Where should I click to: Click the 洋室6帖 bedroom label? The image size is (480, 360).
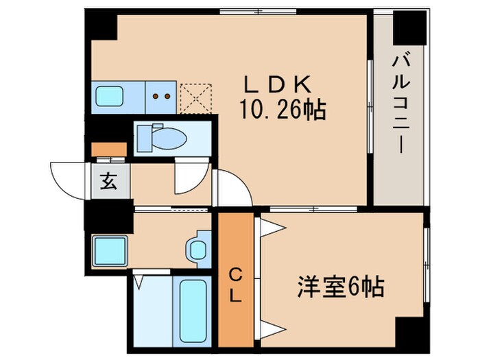(340, 286)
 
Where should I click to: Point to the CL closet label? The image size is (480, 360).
(235, 287)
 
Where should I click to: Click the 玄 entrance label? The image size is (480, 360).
(108, 182)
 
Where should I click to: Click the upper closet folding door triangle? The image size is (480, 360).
(270, 228)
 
